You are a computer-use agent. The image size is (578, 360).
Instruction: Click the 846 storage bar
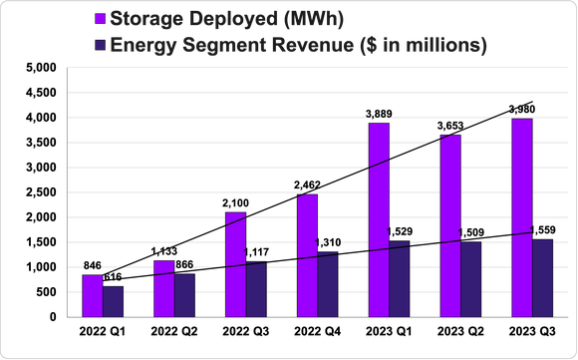pyautogui.click(x=92, y=296)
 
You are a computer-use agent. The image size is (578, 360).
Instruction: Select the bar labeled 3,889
pyautogui.click(x=379, y=220)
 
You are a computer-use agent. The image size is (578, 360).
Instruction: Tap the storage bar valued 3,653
pyautogui.click(x=450, y=226)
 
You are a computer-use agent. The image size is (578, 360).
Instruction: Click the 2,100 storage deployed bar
pyautogui.click(x=235, y=264)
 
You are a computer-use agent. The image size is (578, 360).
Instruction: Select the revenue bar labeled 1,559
pyautogui.click(x=543, y=278)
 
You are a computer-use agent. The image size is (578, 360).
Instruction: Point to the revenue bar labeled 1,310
pyautogui.click(x=328, y=284)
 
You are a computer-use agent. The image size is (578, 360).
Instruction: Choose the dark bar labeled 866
pyautogui.click(x=184, y=295)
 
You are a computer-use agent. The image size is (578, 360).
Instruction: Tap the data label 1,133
pyautogui.click(x=163, y=251)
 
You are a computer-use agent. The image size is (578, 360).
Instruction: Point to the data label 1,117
pyautogui.click(x=257, y=252)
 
